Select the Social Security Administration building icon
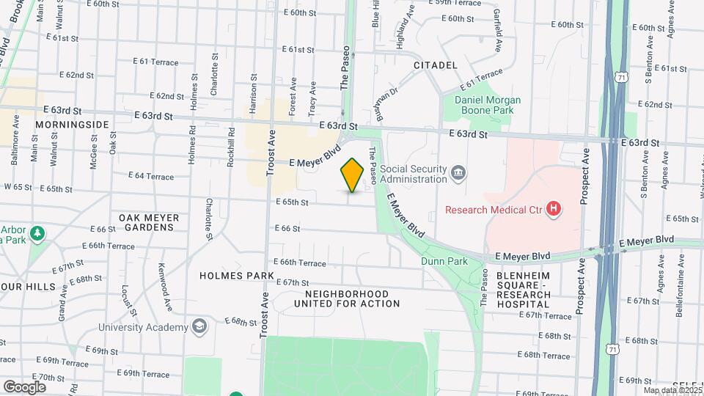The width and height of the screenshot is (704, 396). (x=459, y=174)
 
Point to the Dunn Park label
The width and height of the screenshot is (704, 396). (x=444, y=260)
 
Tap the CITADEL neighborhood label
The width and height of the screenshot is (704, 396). (x=435, y=65)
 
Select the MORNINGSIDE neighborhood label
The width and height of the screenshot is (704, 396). (x=71, y=125)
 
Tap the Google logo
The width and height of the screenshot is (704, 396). (x=24, y=386)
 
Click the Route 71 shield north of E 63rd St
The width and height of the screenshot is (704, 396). (x=621, y=76)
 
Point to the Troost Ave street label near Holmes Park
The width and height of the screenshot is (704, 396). (x=265, y=311)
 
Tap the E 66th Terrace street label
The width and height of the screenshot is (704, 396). (x=299, y=263)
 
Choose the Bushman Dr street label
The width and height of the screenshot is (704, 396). (x=383, y=103)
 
